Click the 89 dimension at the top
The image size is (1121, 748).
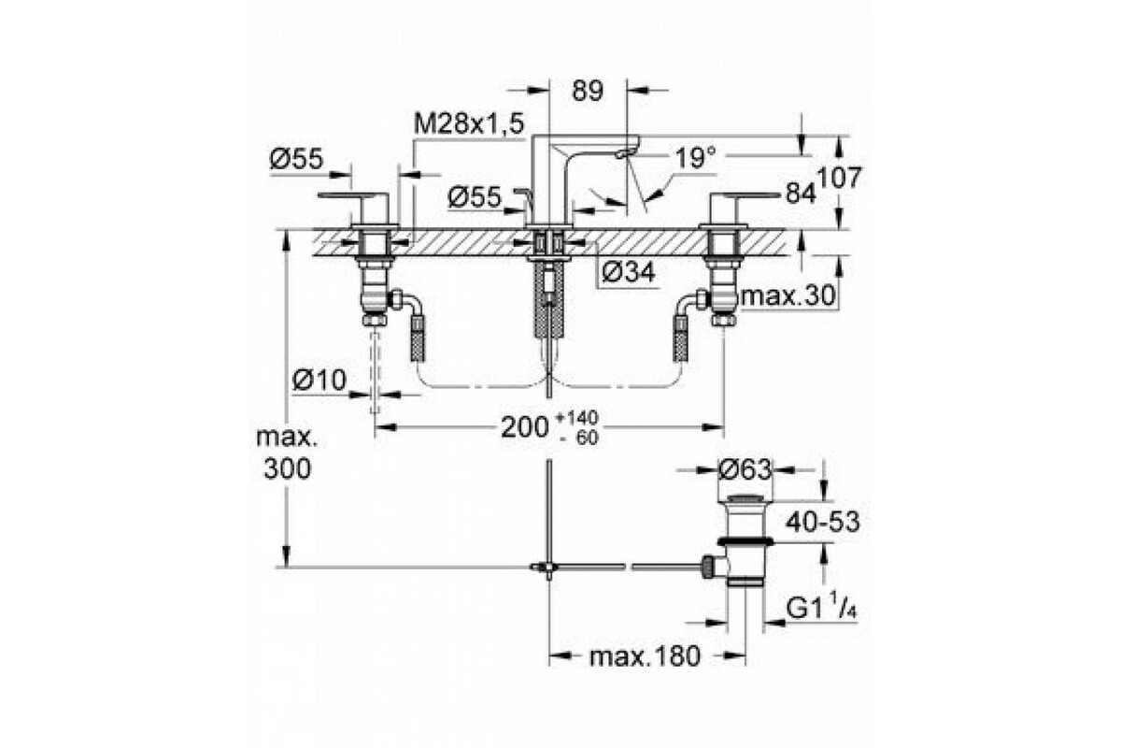pos(588,91)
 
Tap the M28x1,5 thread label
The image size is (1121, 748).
pos(469,123)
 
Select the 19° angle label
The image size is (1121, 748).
pos(696,158)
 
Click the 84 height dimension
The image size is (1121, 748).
pos(802,193)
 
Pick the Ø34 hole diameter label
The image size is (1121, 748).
pos(629,272)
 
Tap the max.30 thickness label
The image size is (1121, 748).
pos(788,296)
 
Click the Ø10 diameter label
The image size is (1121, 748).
pos(319,381)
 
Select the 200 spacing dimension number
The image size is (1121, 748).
pos(525,427)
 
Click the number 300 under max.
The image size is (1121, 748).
pos(288,469)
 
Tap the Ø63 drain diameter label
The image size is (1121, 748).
pos(745,470)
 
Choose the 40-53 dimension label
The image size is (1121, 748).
pos(822,523)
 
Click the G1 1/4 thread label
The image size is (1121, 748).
pos(822,607)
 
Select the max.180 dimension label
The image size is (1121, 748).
pos(646,656)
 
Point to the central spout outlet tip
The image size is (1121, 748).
pos(626,152)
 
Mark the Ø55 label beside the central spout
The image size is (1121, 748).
pos(475,197)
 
